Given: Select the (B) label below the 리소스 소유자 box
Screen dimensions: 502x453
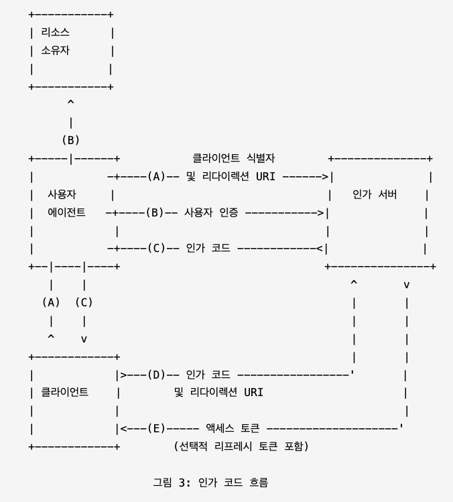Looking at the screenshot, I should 71,140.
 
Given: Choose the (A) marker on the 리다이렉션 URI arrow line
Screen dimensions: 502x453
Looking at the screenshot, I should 156,177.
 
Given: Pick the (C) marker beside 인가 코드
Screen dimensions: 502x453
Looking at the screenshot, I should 156,249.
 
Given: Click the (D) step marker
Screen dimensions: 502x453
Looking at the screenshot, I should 156,375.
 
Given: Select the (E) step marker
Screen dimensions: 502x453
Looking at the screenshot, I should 156,428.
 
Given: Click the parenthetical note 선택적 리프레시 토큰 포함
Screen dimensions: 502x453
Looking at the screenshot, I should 241,446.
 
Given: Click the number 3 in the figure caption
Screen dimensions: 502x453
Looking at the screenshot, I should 183,481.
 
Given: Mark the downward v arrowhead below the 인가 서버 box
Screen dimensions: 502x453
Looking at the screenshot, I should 406,285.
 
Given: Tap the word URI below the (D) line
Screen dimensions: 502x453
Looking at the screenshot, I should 252,392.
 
